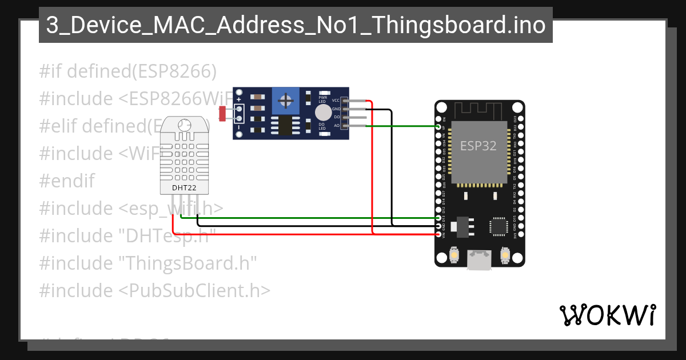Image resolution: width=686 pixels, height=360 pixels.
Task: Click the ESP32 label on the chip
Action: pos(478,146)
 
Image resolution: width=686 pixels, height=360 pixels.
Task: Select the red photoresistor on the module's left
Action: pos(222,114)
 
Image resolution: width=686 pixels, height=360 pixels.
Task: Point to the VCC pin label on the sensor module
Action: pos(336,100)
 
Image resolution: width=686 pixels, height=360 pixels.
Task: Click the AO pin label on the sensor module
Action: pos(336,125)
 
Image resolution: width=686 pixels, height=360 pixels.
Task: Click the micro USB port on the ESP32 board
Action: pos(479,259)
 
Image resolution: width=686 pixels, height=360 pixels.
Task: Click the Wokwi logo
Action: pos(607,315)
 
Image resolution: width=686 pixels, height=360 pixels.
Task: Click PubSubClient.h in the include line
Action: pos(194,290)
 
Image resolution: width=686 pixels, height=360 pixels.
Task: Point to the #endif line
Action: pos(67,181)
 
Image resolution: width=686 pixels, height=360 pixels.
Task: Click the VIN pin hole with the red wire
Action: pos(439,234)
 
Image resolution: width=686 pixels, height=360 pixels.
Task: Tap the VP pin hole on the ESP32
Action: pos(439,126)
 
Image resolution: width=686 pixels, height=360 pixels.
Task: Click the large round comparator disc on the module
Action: pos(324,112)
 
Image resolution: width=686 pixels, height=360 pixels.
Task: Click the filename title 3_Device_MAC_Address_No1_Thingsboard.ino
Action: pos(296,26)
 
